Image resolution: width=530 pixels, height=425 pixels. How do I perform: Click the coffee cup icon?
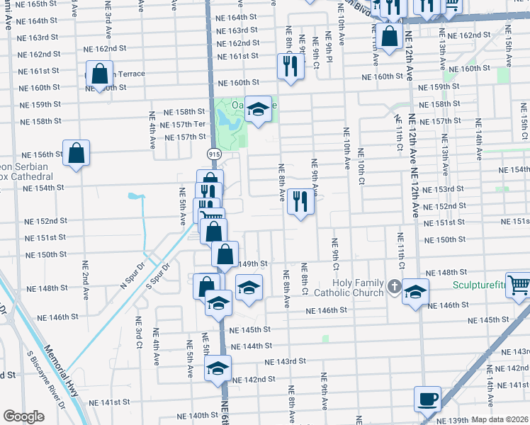pos(428,398)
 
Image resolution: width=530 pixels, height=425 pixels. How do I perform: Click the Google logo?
pos(23,416)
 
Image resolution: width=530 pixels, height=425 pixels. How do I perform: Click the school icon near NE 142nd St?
pos(218,368)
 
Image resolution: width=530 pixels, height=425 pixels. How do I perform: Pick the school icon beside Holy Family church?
pos(415,291)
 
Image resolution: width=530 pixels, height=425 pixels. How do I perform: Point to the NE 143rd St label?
pos(286,361)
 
